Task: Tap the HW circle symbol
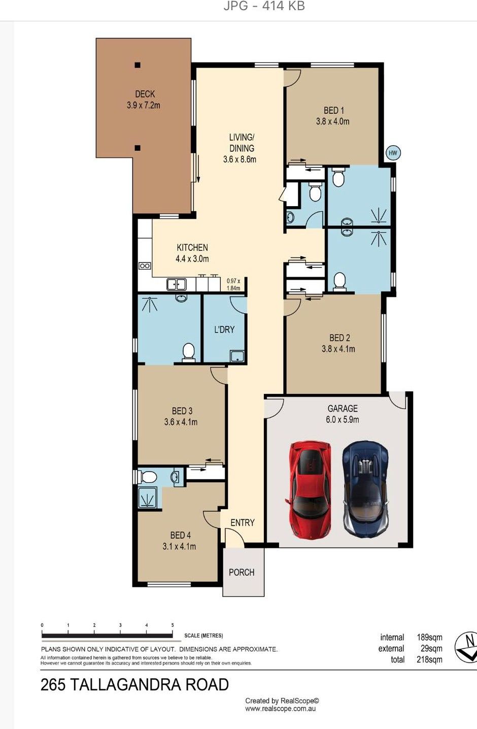click(393, 153)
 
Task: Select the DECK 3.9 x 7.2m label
click(144, 100)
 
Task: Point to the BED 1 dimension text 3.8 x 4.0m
click(332, 121)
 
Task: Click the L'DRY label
click(224, 329)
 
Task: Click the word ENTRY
click(243, 523)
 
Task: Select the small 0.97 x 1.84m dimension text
click(233, 284)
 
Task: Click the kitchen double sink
click(177, 284)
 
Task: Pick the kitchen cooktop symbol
click(145, 266)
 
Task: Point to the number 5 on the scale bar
click(173, 625)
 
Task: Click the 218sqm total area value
click(429, 659)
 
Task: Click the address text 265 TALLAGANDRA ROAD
click(134, 685)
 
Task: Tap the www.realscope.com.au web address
click(281, 709)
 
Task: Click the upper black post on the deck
click(138, 65)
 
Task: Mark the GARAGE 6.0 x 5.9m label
click(343, 414)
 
